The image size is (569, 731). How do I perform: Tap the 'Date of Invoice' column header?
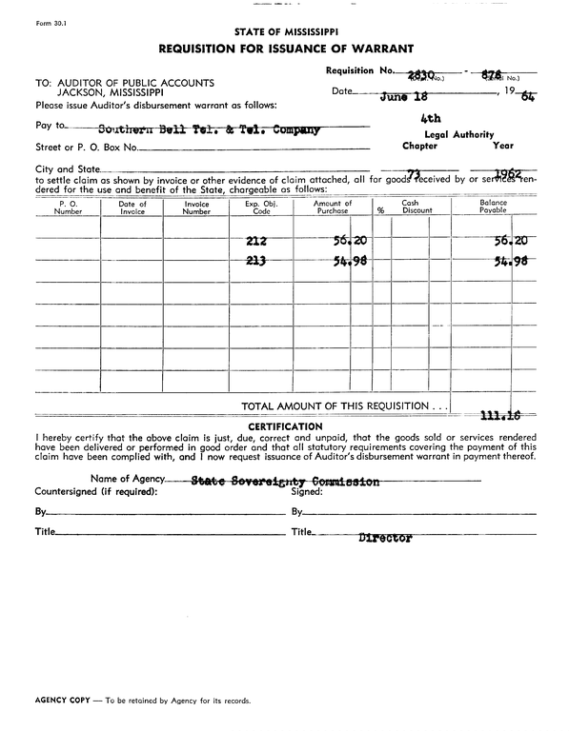point(132,207)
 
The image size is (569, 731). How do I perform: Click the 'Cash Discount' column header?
point(411,207)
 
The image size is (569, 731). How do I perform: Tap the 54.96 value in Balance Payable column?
point(511,262)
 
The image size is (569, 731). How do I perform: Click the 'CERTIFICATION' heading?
point(285,425)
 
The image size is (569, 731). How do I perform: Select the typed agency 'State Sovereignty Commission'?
point(285,482)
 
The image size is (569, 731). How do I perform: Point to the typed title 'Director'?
point(385,537)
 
